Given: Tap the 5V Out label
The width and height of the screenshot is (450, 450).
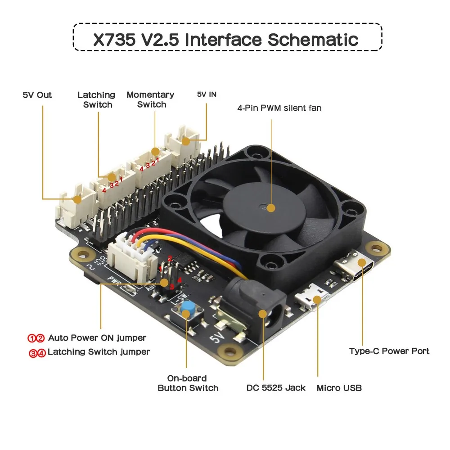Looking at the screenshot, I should coord(37,95).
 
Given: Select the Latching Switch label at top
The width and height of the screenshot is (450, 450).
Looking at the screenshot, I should coord(96,99).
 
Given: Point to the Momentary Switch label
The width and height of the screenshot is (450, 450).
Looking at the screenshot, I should coord(150,99).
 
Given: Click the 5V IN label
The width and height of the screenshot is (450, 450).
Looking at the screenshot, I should coord(207,94).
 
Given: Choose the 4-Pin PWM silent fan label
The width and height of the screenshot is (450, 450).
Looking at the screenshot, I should coord(279,108).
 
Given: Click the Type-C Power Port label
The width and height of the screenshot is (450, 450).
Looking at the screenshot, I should coord(389,351).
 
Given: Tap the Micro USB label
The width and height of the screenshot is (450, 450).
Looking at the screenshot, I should coord(339,388).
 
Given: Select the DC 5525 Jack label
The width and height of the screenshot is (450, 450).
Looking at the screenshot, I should coord(276,388).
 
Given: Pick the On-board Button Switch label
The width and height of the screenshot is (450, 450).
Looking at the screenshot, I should coord(188,383).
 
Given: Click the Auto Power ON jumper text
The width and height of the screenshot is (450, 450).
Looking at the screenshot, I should coord(97,337).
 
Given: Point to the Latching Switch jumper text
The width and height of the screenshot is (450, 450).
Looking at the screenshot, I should coord(99,352).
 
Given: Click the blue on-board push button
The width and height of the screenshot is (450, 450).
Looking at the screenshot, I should coord(186,310).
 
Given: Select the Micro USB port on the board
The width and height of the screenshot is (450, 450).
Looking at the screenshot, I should coord(313,300).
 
